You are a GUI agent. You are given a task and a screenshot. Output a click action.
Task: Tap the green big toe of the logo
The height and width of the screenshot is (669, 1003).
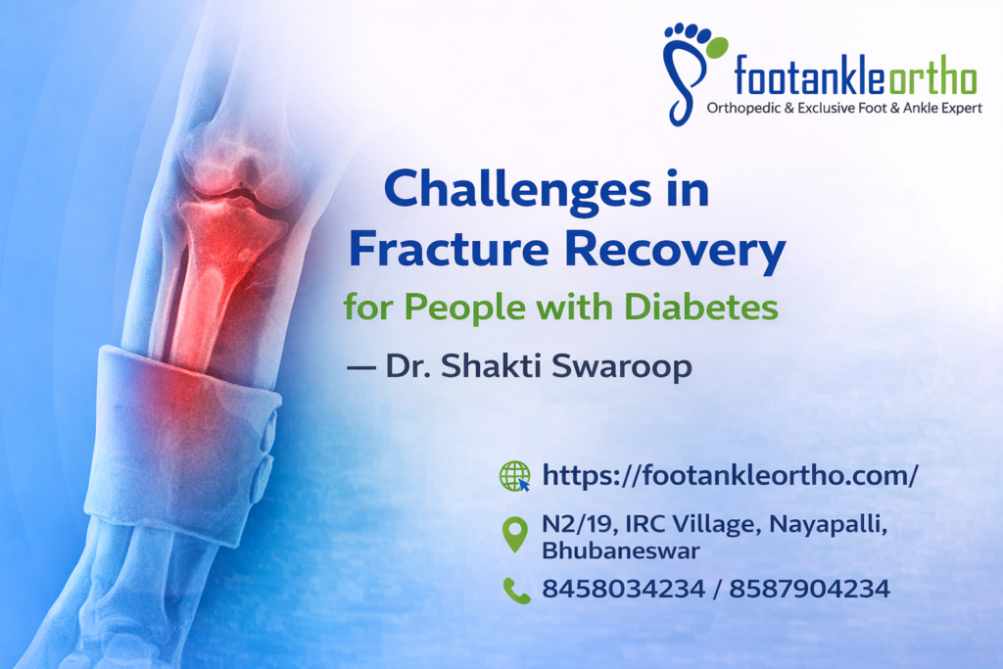(x=717, y=46)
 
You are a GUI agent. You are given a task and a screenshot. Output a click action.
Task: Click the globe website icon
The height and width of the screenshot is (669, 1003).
(x=514, y=477)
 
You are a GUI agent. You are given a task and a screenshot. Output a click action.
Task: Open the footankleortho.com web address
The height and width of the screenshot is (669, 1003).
(x=730, y=477)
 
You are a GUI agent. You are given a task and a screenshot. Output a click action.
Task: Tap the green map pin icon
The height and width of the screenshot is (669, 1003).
(x=514, y=535)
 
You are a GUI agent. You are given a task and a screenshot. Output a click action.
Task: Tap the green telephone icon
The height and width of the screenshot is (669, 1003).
(x=515, y=590)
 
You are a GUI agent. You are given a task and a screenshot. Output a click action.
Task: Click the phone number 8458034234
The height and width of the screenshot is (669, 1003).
(x=623, y=590)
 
